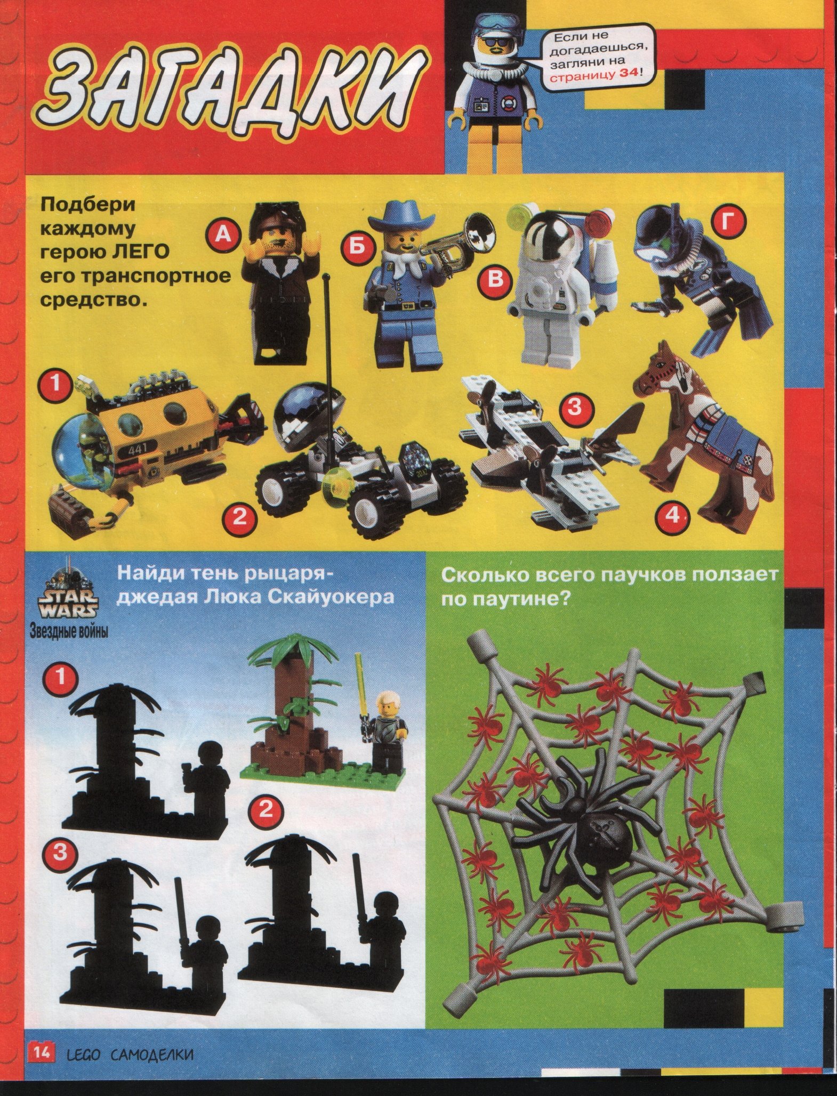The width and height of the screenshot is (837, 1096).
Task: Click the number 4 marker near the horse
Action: pos(674,516)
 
